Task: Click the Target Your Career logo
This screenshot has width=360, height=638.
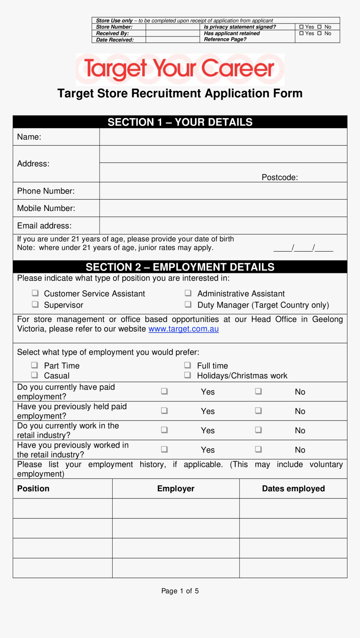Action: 180,69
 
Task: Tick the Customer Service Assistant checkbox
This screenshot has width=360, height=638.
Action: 35,293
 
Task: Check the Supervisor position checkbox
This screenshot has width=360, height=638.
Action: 35,304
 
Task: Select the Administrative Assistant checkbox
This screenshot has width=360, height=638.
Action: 188,293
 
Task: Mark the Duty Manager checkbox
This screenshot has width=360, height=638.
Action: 188,304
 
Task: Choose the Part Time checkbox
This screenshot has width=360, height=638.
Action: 35,365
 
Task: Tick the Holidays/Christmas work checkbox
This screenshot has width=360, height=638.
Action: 188,375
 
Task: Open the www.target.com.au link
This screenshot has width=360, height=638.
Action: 183,329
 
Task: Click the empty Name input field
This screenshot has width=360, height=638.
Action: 223,137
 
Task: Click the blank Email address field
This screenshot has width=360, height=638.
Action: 223,226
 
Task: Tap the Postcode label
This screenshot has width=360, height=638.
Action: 280,178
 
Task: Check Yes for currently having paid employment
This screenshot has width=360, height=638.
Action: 165,391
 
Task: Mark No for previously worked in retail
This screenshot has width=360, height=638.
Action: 258,449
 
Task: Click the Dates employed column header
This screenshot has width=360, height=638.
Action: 293,489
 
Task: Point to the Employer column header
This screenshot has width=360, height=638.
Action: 176,489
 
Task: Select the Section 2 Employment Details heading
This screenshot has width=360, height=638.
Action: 180,267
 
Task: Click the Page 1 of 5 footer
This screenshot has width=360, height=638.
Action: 180,591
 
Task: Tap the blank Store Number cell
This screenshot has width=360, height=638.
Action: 172,27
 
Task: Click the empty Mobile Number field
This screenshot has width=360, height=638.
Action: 223,208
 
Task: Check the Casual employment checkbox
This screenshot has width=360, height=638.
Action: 35,375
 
